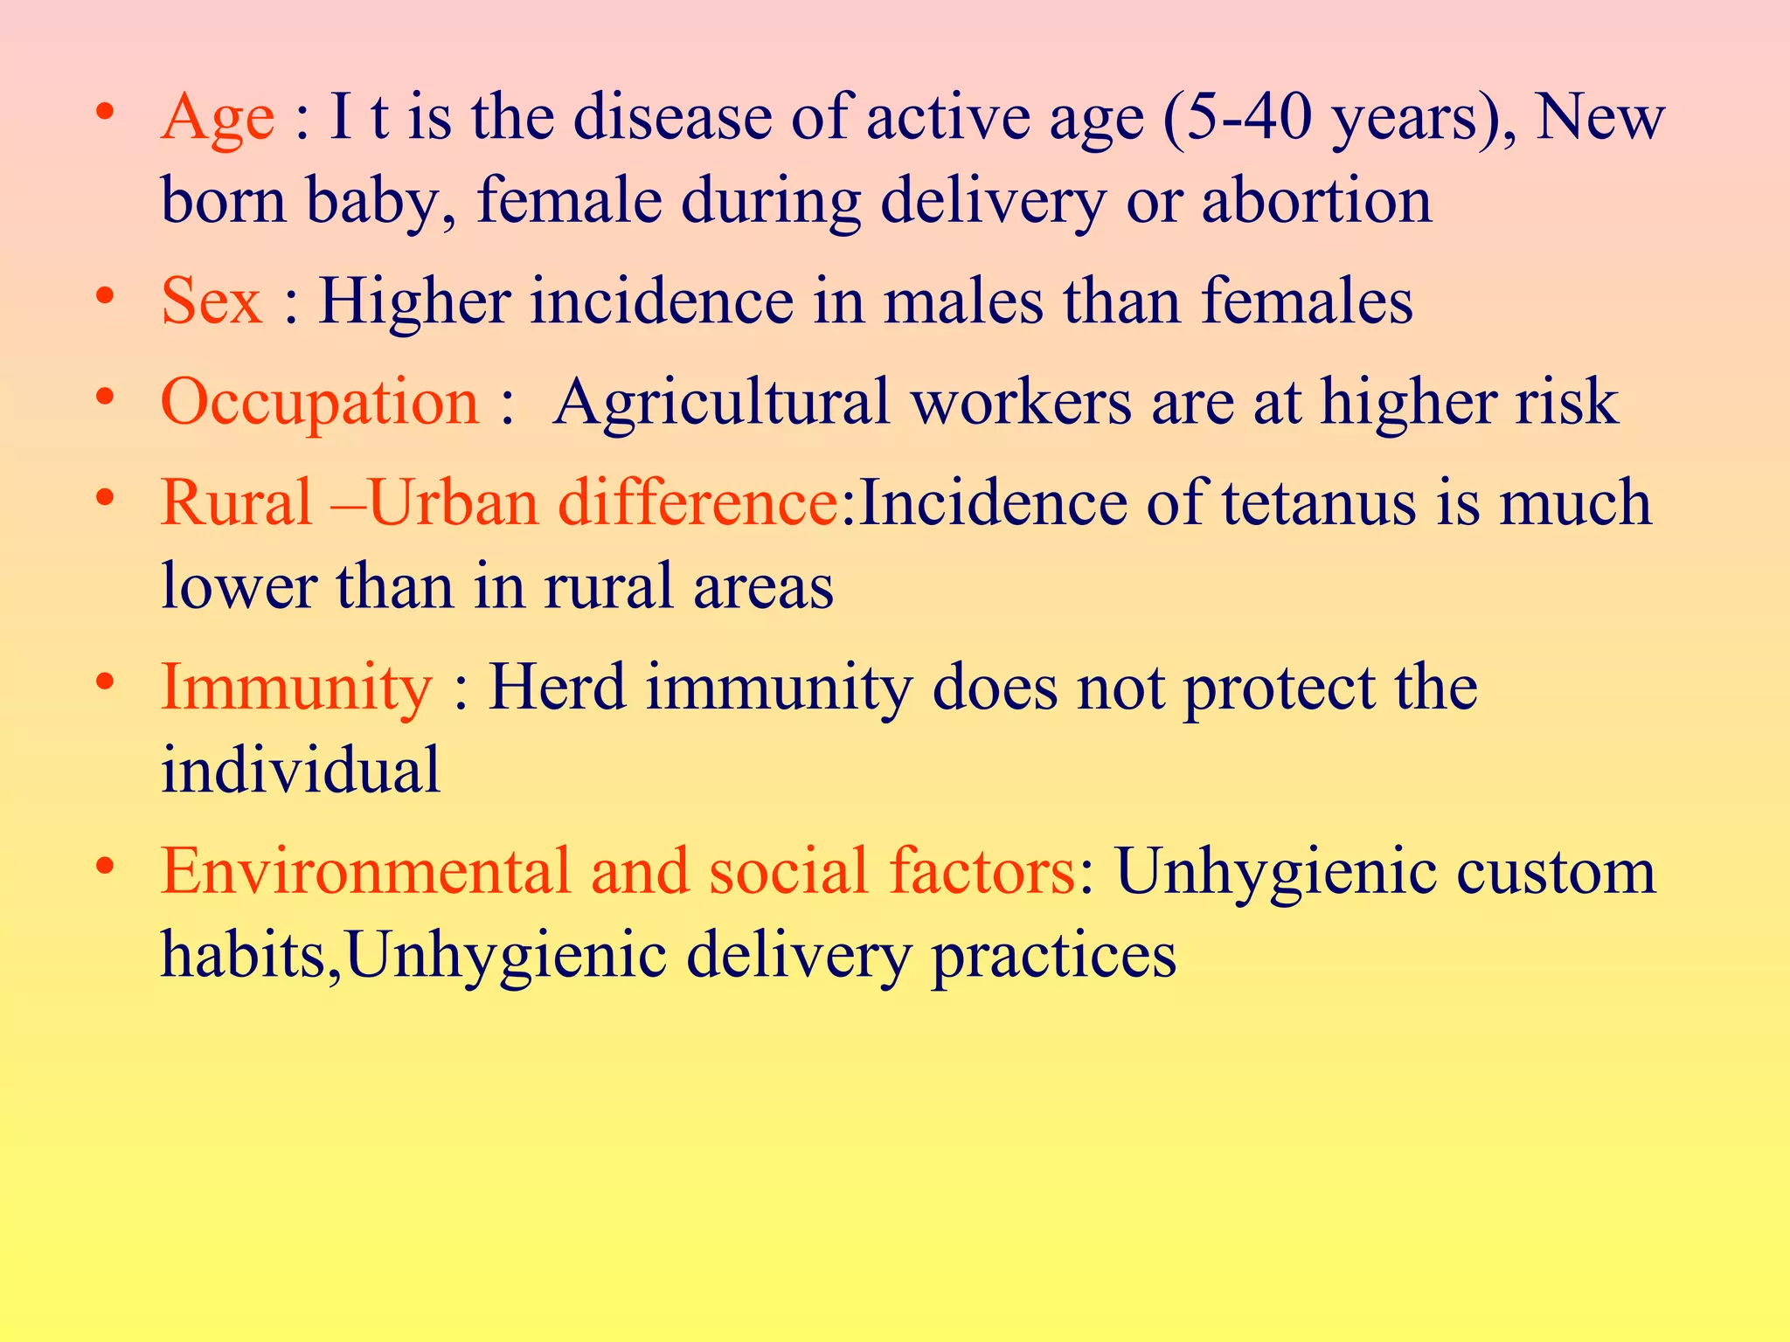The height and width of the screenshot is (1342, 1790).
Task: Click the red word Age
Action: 218,118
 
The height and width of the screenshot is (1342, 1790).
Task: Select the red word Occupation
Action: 320,402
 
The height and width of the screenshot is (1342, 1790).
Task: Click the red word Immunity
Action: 296,688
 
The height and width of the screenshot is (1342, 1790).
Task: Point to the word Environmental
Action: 365,871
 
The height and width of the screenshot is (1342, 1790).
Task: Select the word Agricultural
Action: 721,402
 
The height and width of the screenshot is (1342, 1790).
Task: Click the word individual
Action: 301,770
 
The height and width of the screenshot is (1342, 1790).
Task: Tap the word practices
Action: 1053,955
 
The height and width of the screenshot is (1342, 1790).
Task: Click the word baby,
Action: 380,201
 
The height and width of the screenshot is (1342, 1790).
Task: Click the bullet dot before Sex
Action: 106,295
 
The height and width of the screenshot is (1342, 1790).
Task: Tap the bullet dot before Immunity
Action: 106,681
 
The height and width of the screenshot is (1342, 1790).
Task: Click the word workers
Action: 1022,402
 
